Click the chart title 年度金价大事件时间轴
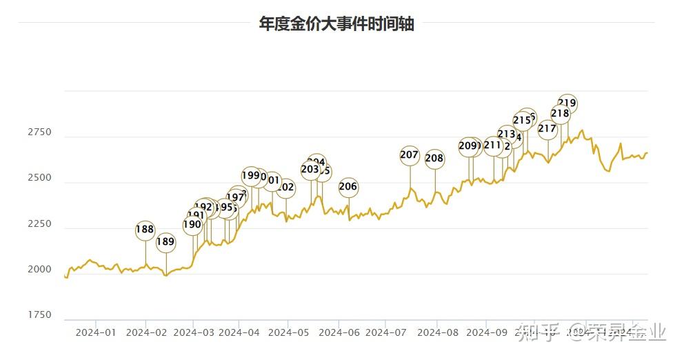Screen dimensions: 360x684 pyautogui.click(x=336, y=23)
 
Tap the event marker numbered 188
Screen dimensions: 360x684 pyautogui.click(x=145, y=230)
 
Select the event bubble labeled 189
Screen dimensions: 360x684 pyautogui.click(x=165, y=241)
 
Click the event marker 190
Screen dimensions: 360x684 pyautogui.click(x=192, y=224)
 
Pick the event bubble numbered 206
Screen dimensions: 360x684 pyautogui.click(x=348, y=186)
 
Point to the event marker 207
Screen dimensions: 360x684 pyautogui.click(x=410, y=154)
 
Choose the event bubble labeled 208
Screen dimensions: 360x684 pyautogui.click(x=434, y=159)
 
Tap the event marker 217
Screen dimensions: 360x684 pyautogui.click(x=547, y=128)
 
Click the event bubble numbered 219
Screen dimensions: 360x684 pyautogui.click(x=567, y=103)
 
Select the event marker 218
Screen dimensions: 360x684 pyautogui.click(x=561, y=114)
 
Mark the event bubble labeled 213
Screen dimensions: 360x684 pyautogui.click(x=507, y=134)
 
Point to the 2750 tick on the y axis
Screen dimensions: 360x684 pyautogui.click(x=39, y=132)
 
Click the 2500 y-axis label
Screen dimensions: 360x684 pyautogui.click(x=39, y=178)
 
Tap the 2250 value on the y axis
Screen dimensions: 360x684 pyautogui.click(x=39, y=224)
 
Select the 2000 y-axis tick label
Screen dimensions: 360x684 pyautogui.click(x=39, y=270)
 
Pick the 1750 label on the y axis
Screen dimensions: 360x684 pyautogui.click(x=39, y=315)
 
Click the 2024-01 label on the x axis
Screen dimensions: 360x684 pyautogui.click(x=96, y=332)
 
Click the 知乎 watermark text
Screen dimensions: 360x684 pyautogui.click(x=537, y=334)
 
